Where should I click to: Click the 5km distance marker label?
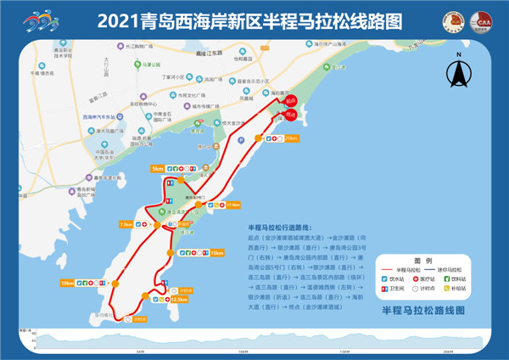tap(158, 170)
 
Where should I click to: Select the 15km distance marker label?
tap(217, 253)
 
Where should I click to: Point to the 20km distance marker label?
tap(291, 138)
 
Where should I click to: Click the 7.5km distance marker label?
tap(126, 224)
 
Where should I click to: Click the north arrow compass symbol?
tap(458, 75)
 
